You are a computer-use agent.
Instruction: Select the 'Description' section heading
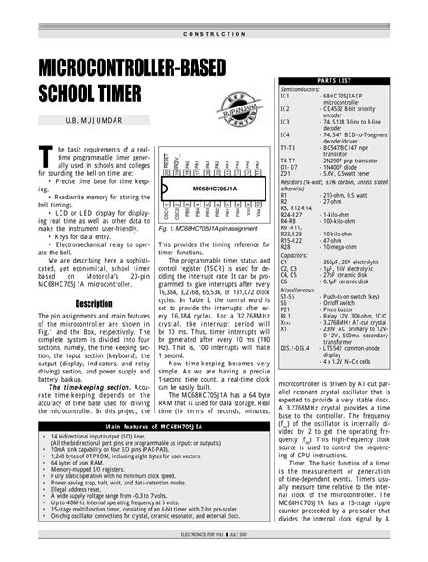tap(94, 303)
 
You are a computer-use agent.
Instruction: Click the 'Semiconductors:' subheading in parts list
tap(306, 89)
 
